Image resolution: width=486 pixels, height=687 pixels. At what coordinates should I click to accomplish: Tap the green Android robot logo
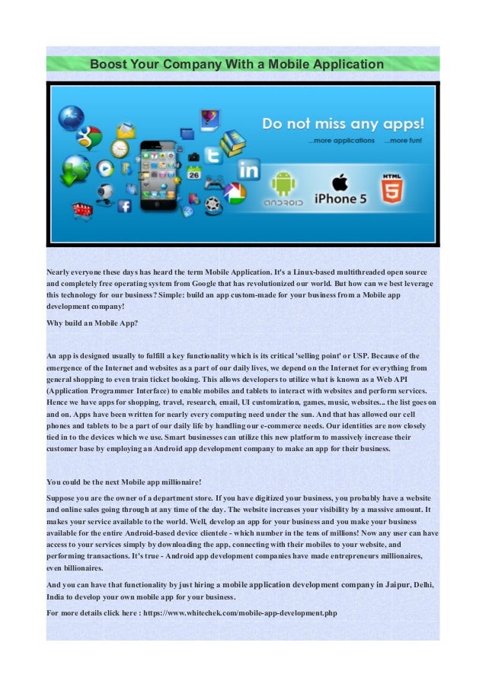284,183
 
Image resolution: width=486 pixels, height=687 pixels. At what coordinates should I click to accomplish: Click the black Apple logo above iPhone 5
340,182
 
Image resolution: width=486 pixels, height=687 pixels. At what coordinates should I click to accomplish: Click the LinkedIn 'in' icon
248,169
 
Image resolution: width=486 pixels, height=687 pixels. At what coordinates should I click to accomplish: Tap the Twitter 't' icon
213,155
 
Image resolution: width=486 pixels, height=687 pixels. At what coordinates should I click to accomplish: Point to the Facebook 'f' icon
124,206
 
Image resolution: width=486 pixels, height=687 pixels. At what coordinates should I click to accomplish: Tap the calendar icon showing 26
193,173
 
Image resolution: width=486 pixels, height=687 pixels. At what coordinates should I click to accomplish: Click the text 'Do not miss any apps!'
343,123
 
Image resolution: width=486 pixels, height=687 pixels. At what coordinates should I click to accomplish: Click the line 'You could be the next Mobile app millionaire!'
123,482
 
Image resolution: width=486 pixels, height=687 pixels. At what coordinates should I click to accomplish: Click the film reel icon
214,203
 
